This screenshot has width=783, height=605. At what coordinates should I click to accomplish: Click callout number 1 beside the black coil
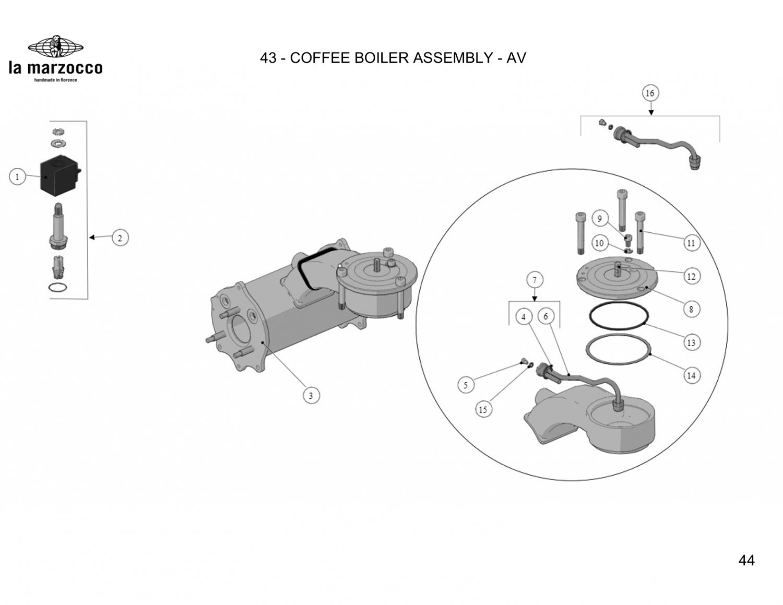(17, 176)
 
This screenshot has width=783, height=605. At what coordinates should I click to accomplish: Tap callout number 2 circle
(120, 238)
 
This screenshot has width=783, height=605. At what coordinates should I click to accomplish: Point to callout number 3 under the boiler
(311, 395)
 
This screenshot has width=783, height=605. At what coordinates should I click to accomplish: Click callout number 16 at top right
(650, 93)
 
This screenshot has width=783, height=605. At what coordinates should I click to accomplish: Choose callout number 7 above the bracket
(535, 280)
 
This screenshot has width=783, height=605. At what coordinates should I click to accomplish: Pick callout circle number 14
(691, 375)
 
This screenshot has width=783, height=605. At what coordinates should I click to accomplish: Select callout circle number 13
(691, 342)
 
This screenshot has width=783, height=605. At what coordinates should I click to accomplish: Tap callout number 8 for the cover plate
(691, 309)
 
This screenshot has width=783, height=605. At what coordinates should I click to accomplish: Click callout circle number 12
(691, 276)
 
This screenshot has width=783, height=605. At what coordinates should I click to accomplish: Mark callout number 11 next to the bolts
(691, 243)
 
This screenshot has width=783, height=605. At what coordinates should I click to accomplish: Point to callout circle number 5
(466, 385)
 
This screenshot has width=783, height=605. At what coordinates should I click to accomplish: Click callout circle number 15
(483, 409)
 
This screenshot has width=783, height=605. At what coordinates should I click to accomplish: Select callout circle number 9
(600, 218)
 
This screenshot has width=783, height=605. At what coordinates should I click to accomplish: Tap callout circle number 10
(599, 243)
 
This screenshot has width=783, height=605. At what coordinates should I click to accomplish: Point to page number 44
(746, 560)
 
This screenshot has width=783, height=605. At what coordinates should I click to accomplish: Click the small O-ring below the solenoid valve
(57, 288)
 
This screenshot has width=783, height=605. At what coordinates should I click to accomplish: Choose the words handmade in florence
(55, 80)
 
